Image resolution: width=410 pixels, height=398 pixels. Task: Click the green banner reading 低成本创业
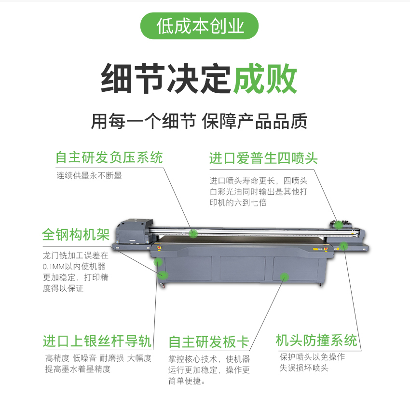[199, 26]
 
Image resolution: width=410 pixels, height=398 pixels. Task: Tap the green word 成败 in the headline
[265, 79]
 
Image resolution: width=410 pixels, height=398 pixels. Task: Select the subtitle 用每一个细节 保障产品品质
[199, 121]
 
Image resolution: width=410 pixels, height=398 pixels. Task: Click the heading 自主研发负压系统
[109, 157]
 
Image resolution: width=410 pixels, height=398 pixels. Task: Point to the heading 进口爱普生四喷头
[263, 158]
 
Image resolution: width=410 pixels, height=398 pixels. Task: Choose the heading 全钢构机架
[76, 234]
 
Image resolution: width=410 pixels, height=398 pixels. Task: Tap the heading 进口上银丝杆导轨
[97, 341]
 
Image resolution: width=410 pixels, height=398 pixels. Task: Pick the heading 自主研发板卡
[209, 342]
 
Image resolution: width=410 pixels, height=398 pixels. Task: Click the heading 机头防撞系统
[316, 341]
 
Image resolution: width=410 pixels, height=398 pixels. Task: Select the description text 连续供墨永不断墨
[89, 175]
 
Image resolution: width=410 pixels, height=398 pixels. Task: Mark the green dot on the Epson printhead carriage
[339, 225]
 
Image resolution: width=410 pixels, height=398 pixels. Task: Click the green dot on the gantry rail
[193, 233]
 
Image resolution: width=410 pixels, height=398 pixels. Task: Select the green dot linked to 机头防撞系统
[343, 246]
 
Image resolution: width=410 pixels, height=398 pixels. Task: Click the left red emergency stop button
[159, 248]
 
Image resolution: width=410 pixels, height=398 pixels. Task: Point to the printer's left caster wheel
[163, 285]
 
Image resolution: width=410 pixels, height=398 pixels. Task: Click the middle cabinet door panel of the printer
[243, 269]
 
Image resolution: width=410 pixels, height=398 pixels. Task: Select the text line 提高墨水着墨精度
[78, 369]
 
